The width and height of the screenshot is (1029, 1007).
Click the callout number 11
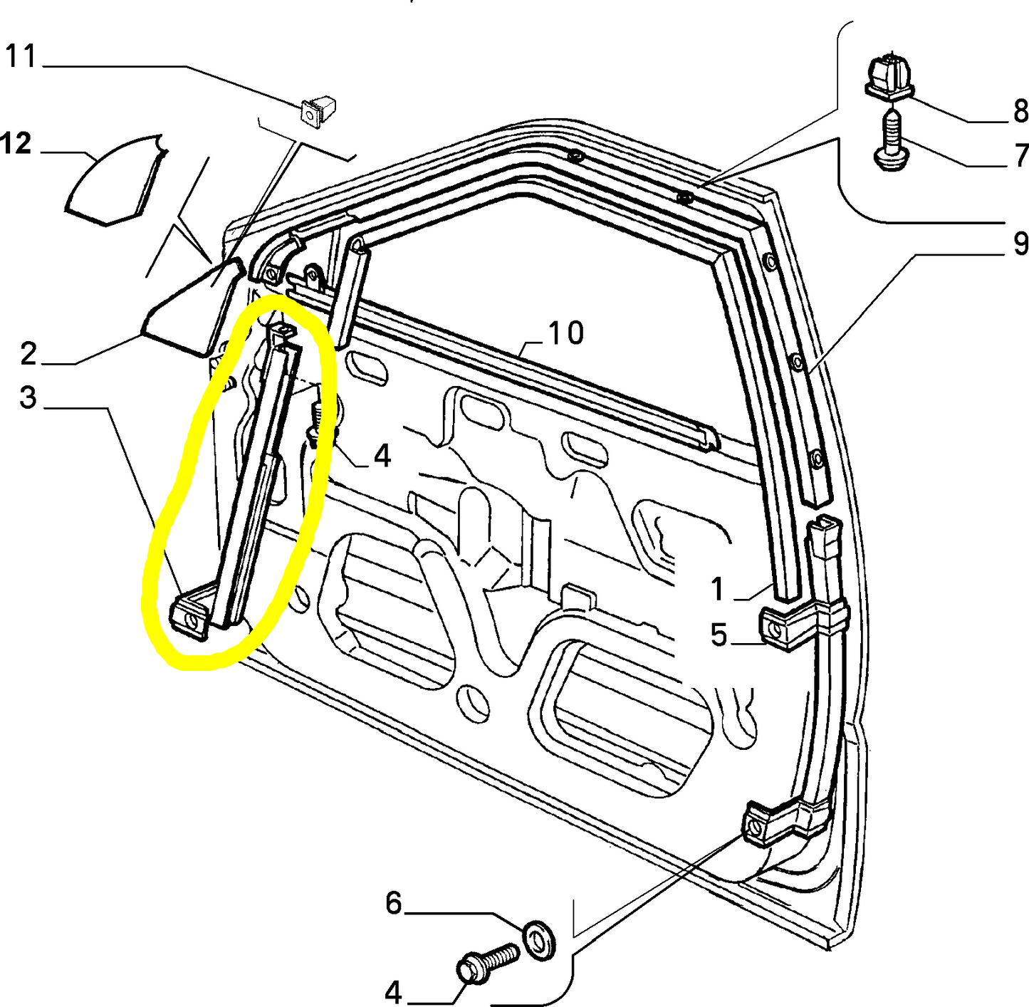(x=21, y=56)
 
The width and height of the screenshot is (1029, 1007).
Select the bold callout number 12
(x=16, y=144)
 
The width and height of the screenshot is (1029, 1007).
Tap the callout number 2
(x=28, y=354)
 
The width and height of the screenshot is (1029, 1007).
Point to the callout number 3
(x=28, y=397)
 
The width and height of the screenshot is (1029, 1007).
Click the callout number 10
(x=566, y=333)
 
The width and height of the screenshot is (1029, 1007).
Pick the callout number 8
(x=1020, y=112)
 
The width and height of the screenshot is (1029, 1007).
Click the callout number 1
(x=717, y=589)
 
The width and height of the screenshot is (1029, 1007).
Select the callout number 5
(x=719, y=634)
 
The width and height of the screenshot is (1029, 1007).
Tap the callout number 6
(x=393, y=903)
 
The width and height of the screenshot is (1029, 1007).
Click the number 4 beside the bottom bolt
(x=393, y=991)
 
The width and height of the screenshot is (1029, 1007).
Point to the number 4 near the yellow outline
(x=382, y=455)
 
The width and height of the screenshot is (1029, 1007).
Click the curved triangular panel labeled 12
(x=116, y=179)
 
